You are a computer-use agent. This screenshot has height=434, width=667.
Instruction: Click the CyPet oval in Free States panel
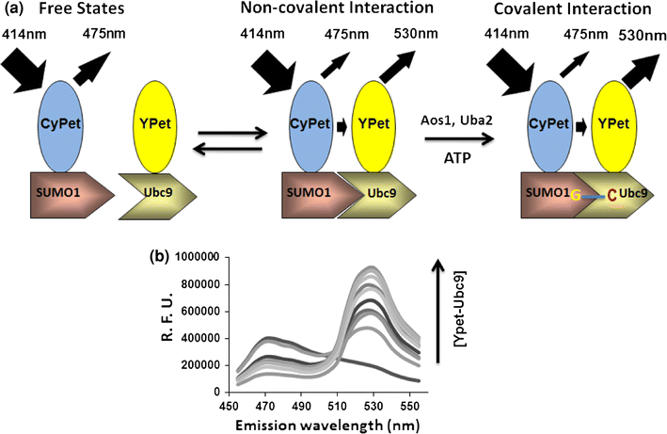pos(64,122)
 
